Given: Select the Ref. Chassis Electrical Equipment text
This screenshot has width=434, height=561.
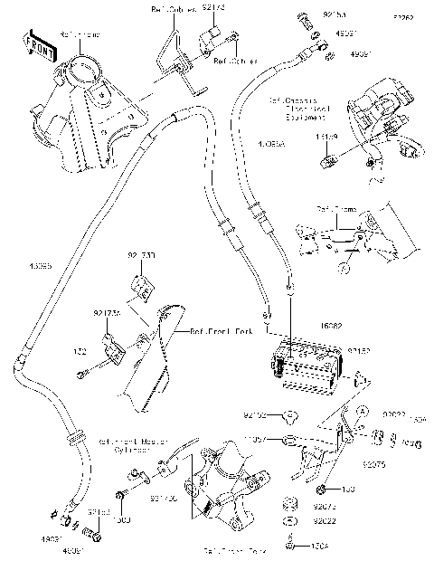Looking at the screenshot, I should pyautogui.click(x=297, y=109).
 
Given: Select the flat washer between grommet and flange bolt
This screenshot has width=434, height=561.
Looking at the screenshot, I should pyautogui.click(x=293, y=521).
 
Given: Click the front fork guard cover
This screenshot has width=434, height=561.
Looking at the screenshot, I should pyautogui.click(x=149, y=362).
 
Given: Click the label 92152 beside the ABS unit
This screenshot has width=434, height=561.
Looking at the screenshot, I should pyautogui.click(x=360, y=347).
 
